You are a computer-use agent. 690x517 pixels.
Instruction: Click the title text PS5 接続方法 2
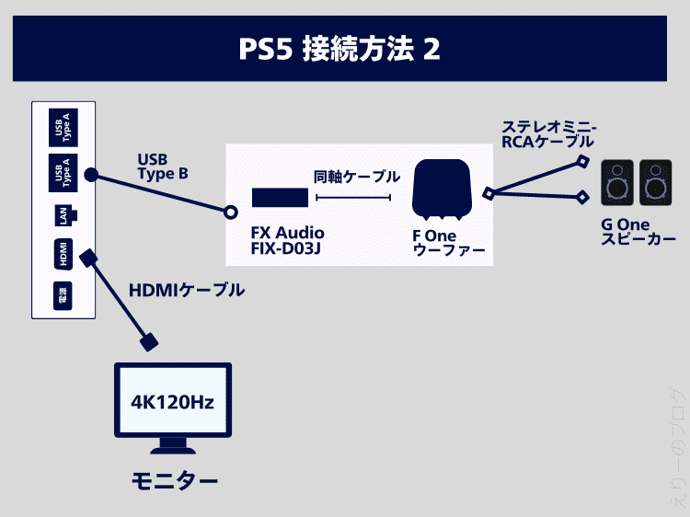tap(344, 48)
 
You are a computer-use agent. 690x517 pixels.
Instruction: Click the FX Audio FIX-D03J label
tap(287, 241)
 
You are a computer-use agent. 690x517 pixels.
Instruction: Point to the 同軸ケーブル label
tap(356, 177)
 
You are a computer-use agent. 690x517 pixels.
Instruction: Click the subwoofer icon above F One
tap(442, 190)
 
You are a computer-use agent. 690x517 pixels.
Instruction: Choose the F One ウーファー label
tap(448, 244)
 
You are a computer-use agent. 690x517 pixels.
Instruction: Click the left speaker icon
tap(617, 183)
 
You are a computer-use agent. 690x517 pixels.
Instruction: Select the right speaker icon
tap(656, 183)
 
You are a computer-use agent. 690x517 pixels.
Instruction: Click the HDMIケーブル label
tap(187, 291)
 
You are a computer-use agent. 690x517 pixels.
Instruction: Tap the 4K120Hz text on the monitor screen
tap(172, 402)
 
